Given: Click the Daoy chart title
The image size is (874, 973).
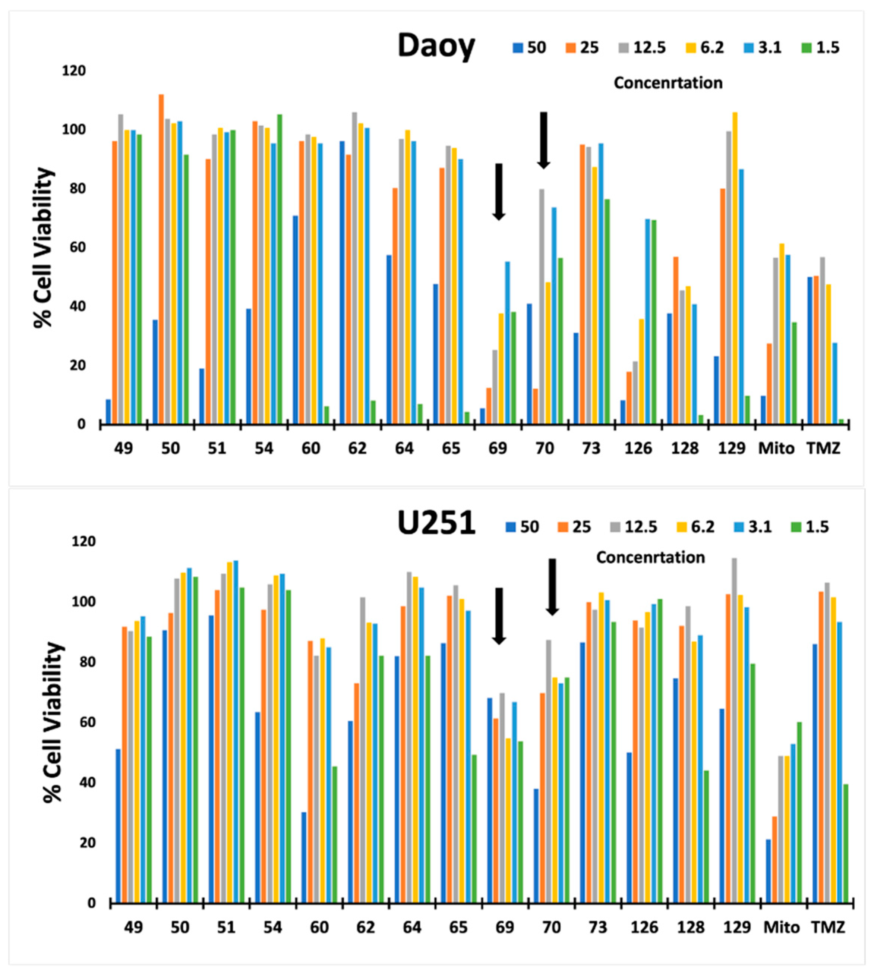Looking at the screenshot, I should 436,47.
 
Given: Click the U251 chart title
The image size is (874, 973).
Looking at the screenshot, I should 436,523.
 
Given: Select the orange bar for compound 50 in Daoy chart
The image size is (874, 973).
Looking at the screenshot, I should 161,259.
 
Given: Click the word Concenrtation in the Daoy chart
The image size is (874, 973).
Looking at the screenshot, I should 668,83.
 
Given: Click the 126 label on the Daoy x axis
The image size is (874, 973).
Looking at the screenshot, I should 638,448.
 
